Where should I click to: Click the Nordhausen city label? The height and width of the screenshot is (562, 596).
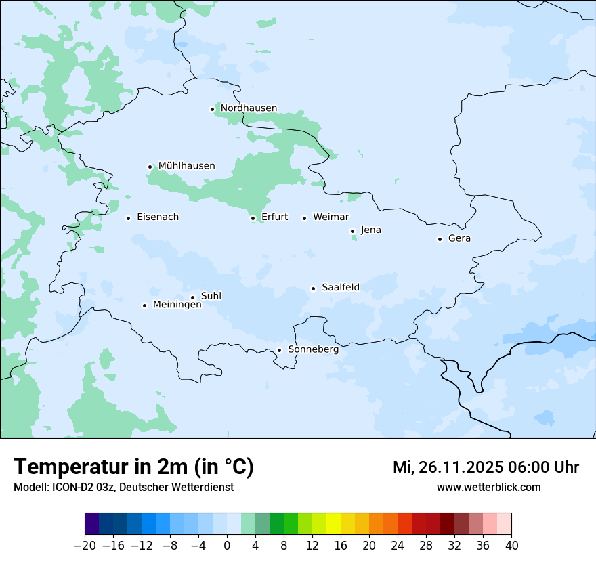click(249, 108)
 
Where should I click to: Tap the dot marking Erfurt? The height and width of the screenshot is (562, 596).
click(253, 218)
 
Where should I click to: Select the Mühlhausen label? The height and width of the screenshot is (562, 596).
click(186, 166)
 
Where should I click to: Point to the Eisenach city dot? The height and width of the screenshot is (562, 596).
click(128, 218)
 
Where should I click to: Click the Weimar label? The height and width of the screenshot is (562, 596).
click(331, 217)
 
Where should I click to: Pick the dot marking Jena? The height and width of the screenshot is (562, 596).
click(352, 231)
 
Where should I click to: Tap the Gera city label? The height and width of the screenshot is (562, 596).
click(459, 238)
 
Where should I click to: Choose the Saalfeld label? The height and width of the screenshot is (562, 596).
click(340, 288)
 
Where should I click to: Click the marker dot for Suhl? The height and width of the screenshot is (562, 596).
click(192, 297)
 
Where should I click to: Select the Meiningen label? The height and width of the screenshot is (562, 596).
click(177, 305)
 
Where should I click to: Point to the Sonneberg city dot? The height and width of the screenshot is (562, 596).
click(279, 351)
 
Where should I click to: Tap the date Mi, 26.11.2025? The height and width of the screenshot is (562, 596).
click(447, 467)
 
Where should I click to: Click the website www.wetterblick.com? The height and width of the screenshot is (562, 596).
click(488, 488)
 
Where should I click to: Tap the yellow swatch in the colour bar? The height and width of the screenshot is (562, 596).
click(333, 524)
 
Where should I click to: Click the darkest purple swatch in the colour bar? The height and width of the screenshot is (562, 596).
click(92, 524)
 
